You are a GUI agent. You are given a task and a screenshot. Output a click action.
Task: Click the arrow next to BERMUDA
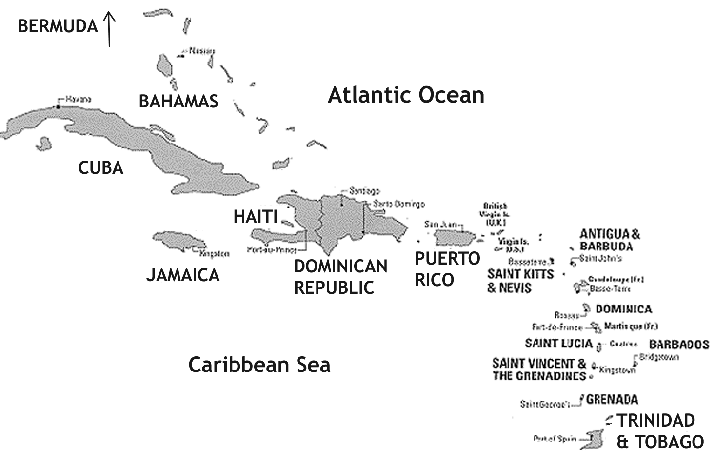click(x=109, y=29)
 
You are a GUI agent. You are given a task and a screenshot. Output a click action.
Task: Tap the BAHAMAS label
click(x=178, y=101)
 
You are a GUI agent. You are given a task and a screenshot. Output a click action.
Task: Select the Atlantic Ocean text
click(x=406, y=95)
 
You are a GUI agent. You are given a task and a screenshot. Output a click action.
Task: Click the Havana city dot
click(x=58, y=106)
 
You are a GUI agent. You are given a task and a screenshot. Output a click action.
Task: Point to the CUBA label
click(x=100, y=168)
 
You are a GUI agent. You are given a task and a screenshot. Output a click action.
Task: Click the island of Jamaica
click(x=178, y=241)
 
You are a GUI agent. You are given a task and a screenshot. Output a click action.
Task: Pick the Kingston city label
click(x=214, y=254)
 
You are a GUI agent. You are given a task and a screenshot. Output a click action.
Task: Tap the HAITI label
click(x=255, y=216)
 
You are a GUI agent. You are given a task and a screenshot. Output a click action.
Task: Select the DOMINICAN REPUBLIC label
click(x=340, y=277)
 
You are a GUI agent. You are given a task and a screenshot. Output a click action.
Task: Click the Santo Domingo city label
click(x=398, y=204)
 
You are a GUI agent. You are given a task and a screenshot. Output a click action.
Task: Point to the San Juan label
click(x=439, y=224)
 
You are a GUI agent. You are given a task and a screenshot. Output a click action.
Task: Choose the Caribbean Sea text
click(x=259, y=365)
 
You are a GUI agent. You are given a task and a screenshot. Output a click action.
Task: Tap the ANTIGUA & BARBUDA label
click(x=610, y=240)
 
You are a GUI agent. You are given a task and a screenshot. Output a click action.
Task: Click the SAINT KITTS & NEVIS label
click(x=520, y=281)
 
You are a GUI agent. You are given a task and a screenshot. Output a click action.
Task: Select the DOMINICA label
click(x=623, y=309)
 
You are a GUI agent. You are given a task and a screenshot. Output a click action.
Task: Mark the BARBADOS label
click(x=678, y=344)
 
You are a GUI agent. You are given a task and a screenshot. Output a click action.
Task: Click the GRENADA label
click(x=612, y=400)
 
